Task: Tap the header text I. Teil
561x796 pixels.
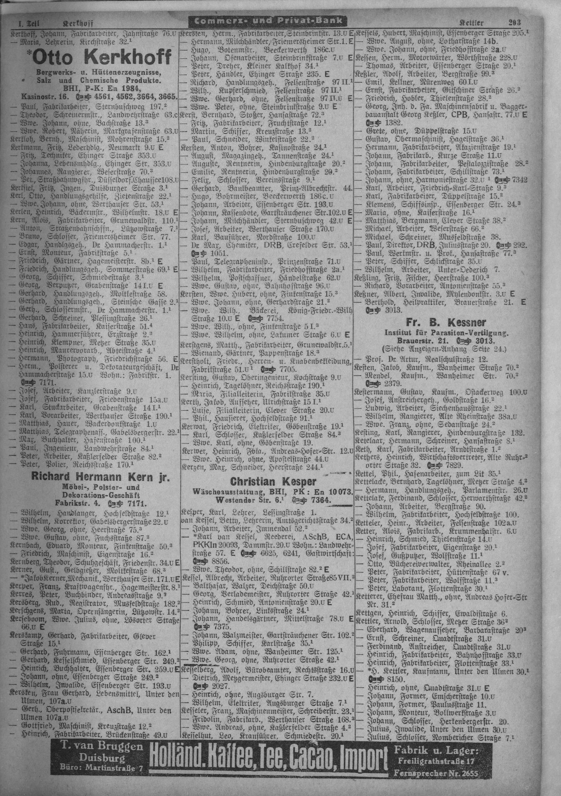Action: [x=28, y=24]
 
